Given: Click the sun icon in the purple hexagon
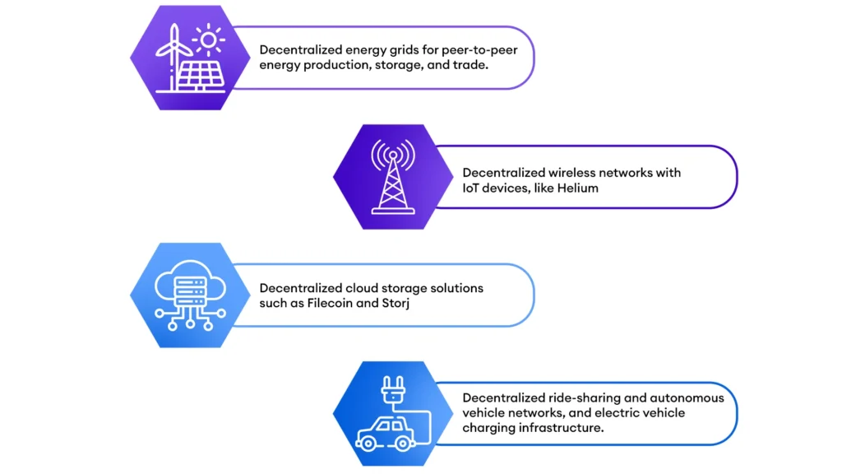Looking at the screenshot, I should click(208, 39).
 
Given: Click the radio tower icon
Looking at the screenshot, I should click(393, 177).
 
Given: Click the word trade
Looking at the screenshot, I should click(470, 65).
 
